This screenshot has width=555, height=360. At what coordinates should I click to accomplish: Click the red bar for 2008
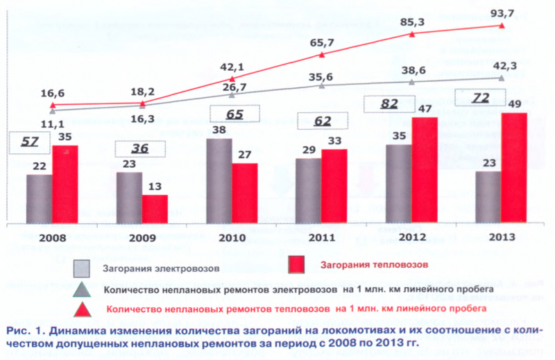(65, 184)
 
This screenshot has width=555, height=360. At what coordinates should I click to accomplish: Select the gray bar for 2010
(219, 180)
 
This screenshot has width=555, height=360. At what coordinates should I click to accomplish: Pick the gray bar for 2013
(488, 197)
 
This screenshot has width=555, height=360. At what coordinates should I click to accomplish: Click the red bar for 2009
(155, 209)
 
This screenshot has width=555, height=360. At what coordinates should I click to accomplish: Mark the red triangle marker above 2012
(412, 33)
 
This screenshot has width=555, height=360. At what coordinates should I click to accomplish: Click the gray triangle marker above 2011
(321, 85)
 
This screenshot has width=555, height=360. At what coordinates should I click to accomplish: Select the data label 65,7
(322, 43)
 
